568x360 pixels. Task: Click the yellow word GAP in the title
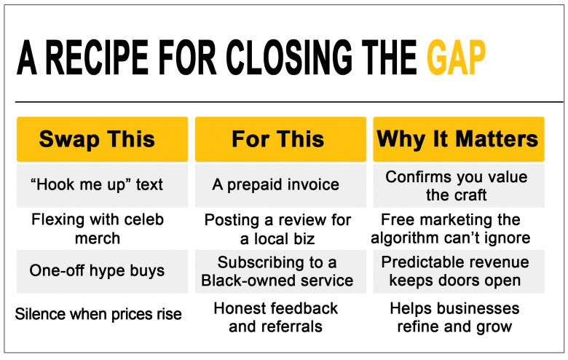pyautogui.click(x=456, y=58)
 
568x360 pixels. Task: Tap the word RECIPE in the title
pyautogui.click(x=97, y=58)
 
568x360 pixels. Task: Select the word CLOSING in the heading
pyautogui.click(x=288, y=58)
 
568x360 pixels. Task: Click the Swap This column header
pyautogui.click(x=102, y=139)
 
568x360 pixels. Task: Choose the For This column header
pyautogui.click(x=280, y=139)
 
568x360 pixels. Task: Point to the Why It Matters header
pyautogui.click(x=459, y=139)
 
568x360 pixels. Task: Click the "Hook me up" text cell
pyautogui.click(x=102, y=185)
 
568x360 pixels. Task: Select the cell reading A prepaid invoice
pyautogui.click(x=280, y=185)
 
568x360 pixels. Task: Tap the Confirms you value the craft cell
pyautogui.click(x=459, y=185)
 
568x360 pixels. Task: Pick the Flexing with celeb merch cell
pyautogui.click(x=98, y=229)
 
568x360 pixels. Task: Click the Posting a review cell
pyautogui.click(x=277, y=229)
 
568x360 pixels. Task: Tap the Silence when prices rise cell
pyautogui.click(x=98, y=314)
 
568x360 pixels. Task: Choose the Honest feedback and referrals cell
pyautogui.click(x=276, y=317)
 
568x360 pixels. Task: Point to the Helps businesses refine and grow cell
pyautogui.click(x=454, y=317)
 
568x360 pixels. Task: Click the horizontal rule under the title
pyautogui.click(x=289, y=102)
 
